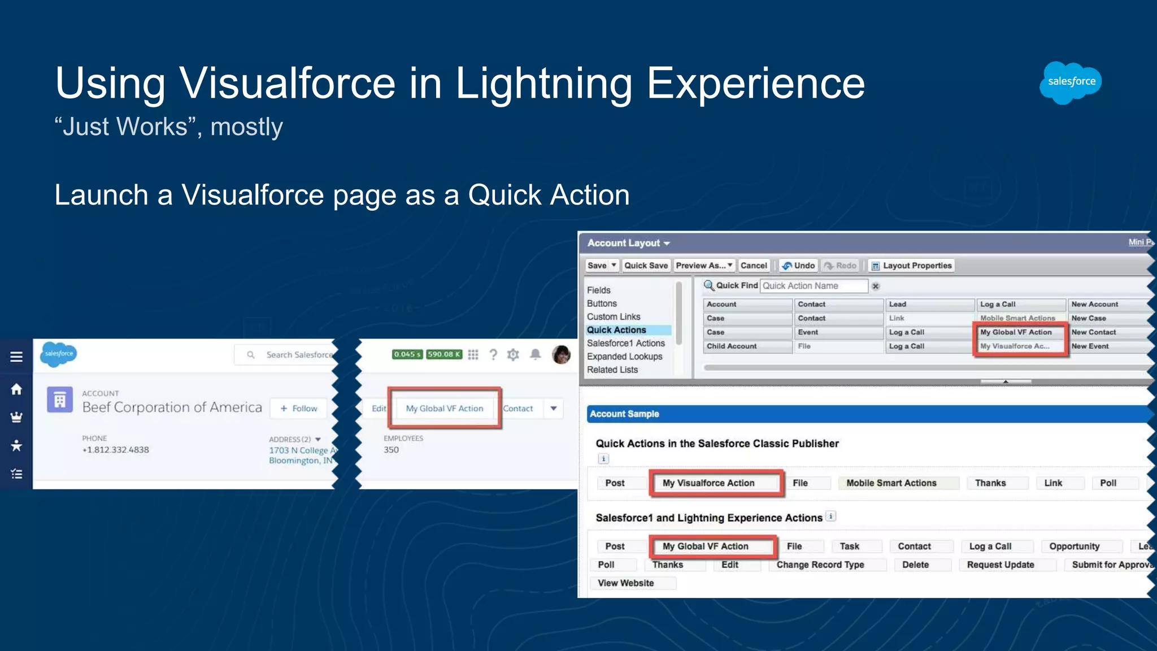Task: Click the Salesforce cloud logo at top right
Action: click(1071, 82)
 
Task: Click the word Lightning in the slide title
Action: click(543, 84)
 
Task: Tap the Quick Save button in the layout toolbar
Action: click(646, 266)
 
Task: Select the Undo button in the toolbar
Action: click(798, 266)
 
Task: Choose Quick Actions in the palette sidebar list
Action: click(616, 330)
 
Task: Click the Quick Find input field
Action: click(814, 286)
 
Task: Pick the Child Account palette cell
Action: click(732, 346)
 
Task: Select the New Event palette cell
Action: click(1090, 346)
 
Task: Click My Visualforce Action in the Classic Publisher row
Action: click(708, 483)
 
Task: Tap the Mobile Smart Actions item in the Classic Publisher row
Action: click(891, 483)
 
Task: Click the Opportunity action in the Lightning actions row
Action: click(1075, 546)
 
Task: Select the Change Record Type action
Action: click(820, 565)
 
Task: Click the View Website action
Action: click(626, 583)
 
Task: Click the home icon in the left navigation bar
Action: click(16, 389)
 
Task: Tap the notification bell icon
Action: click(536, 354)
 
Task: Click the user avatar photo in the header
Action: click(561, 354)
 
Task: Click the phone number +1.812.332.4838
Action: click(116, 450)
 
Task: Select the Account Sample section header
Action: click(625, 414)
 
